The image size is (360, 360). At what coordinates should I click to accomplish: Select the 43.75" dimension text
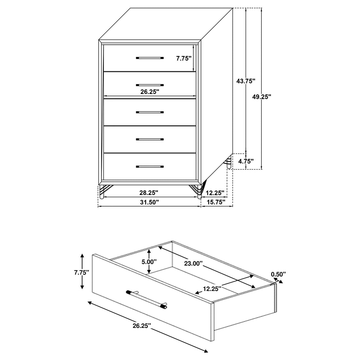pyautogui.click(x=246, y=81)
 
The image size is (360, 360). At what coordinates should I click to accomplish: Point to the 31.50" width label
pyautogui.click(x=150, y=202)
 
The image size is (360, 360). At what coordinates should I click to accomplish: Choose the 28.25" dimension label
pyautogui.click(x=149, y=192)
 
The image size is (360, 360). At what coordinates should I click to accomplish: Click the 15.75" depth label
pyautogui.click(x=216, y=202)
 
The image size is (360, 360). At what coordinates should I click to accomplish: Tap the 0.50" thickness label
pyautogui.click(x=278, y=274)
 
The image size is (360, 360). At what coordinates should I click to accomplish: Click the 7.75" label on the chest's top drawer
pyautogui.click(x=184, y=59)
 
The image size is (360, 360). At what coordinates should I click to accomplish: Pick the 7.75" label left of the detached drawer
pyautogui.click(x=81, y=272)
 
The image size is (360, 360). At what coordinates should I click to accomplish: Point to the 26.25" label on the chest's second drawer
pyautogui.click(x=150, y=92)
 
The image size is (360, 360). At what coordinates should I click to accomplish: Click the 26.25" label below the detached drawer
pyautogui.click(x=142, y=325)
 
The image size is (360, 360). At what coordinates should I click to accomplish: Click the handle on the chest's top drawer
pyautogui.click(x=150, y=58)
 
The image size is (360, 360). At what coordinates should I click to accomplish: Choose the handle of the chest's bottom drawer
pyautogui.click(x=150, y=167)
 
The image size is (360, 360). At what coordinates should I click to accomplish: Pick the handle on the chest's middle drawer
pyautogui.click(x=150, y=112)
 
